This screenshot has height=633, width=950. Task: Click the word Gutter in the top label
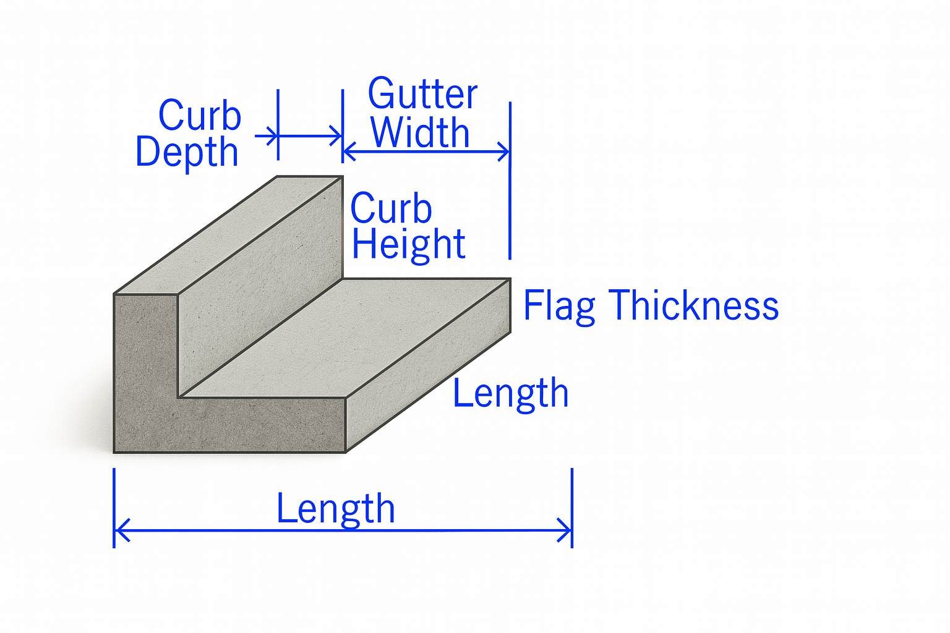pos(422,94)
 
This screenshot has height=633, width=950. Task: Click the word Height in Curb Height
pos(408,244)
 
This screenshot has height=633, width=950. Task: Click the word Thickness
pos(693,305)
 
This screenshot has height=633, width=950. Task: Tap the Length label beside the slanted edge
pos(510,393)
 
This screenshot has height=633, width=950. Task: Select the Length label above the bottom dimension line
pos(335,508)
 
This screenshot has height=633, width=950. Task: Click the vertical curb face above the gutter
pos(260,291)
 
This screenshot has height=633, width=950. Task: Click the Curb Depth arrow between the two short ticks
pos(309,135)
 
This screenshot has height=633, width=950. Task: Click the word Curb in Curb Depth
pos(199,115)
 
